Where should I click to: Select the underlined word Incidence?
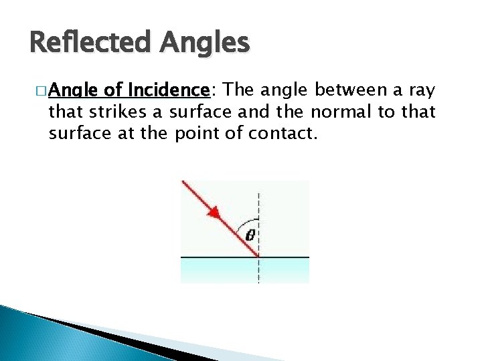click(169, 90)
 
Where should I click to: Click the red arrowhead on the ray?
click(214, 213)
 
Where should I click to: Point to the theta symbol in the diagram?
click(250, 235)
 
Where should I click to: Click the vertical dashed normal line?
click(259, 201)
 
